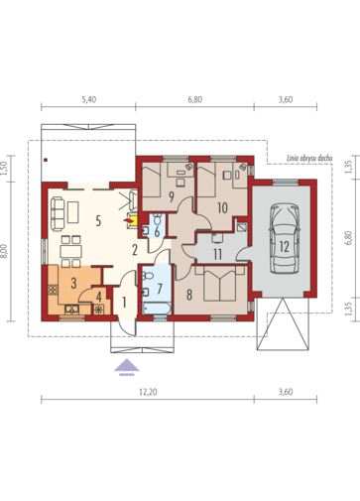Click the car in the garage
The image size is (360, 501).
pos(285,238)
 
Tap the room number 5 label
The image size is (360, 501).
pos(98,221)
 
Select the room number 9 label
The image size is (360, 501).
pos(172,197)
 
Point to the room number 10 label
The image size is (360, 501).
pos(222,207)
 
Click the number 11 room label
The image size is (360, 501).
pos(217,255)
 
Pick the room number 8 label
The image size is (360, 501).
pos(189,295)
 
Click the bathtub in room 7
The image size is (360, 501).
pos(157,309)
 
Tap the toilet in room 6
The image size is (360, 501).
pos(158,218)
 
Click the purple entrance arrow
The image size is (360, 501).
pos(127,367)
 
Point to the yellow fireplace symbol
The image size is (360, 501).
pos(132,220)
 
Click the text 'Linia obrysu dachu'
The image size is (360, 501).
pos(309,159)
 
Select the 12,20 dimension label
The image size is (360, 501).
pos(148,392)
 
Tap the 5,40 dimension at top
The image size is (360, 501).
pos(88,99)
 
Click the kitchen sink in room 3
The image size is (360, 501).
pos(71,310)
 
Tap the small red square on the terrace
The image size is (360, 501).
pos(46,161)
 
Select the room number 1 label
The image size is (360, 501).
pos(124,303)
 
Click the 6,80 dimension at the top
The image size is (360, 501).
pos(195,99)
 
